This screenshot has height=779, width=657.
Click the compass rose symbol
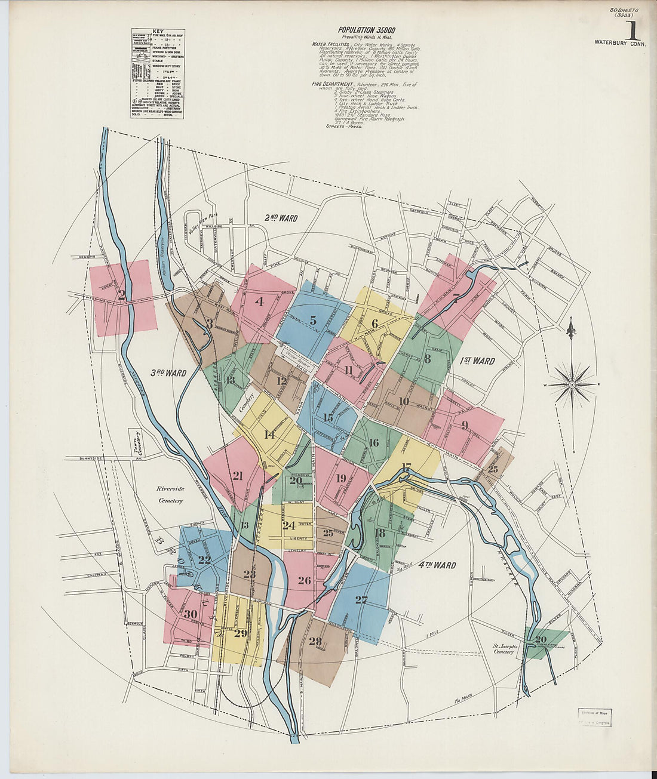(x=572, y=384)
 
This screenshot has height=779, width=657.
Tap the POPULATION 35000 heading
(x=366, y=30)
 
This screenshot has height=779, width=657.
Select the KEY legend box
(x=158, y=73)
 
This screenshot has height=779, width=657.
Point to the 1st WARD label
(x=477, y=361)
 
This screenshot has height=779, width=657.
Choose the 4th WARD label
(x=437, y=565)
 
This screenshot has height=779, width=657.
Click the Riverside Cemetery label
(x=170, y=494)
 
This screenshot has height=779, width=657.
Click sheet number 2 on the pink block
(x=122, y=294)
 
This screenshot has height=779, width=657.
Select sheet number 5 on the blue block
(x=313, y=321)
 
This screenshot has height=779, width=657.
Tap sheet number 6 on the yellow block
(x=374, y=323)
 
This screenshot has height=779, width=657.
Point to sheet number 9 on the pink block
(x=465, y=426)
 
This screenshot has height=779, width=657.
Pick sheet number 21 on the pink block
(x=238, y=476)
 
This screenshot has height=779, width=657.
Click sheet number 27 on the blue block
(x=361, y=600)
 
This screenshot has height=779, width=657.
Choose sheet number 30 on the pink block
(x=191, y=614)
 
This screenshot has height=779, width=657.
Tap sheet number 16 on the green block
(x=374, y=442)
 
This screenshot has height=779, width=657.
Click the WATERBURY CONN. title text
(x=620, y=42)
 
